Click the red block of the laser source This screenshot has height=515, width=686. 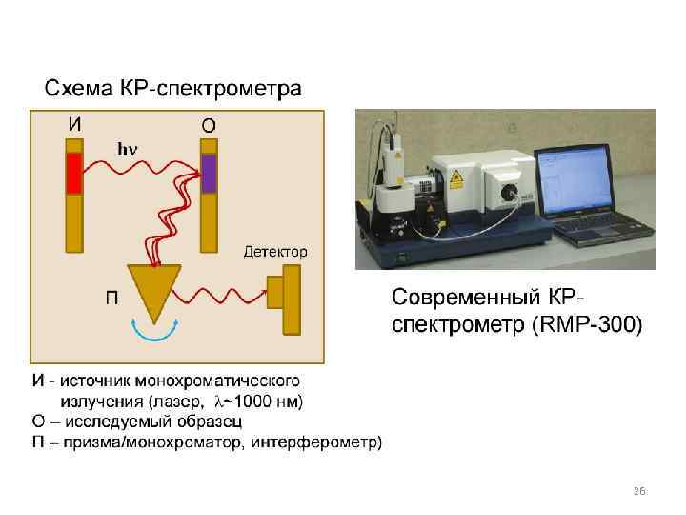(74, 175)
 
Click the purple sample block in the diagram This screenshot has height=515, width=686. (209, 173)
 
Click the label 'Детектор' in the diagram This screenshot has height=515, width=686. (275, 252)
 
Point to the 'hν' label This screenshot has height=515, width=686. (127, 149)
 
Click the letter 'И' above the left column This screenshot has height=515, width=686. (74, 123)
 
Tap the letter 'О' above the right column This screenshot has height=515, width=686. (208, 124)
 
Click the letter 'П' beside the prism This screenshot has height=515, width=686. (111, 297)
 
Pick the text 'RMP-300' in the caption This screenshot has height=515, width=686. (589, 324)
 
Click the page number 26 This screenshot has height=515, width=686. (639, 490)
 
